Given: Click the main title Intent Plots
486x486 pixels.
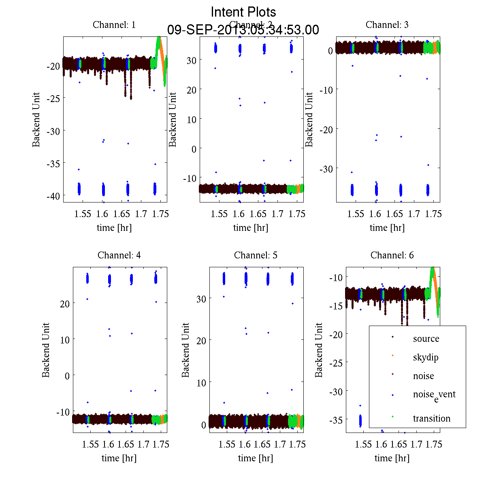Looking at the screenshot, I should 243,12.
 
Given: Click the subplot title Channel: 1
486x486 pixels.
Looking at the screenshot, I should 114,25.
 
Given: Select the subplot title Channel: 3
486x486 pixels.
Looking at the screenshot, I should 387,25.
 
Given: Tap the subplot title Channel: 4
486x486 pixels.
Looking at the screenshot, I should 119,255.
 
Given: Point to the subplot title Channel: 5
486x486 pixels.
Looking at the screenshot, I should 256,255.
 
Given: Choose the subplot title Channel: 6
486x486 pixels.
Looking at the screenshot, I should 392,255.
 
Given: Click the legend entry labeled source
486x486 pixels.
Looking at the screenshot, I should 426,339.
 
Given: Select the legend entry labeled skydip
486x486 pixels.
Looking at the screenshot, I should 425,357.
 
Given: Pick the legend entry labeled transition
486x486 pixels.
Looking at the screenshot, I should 431,418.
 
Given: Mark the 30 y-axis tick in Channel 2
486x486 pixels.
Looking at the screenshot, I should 191,60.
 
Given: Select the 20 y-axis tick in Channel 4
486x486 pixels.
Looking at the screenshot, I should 64,303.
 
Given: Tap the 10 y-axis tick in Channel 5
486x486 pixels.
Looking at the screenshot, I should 201,382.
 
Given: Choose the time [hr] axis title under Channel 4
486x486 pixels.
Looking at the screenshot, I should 119,458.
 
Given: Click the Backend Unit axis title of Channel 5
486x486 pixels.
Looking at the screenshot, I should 185,350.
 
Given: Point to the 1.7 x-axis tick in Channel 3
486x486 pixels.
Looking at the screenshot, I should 414,214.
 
